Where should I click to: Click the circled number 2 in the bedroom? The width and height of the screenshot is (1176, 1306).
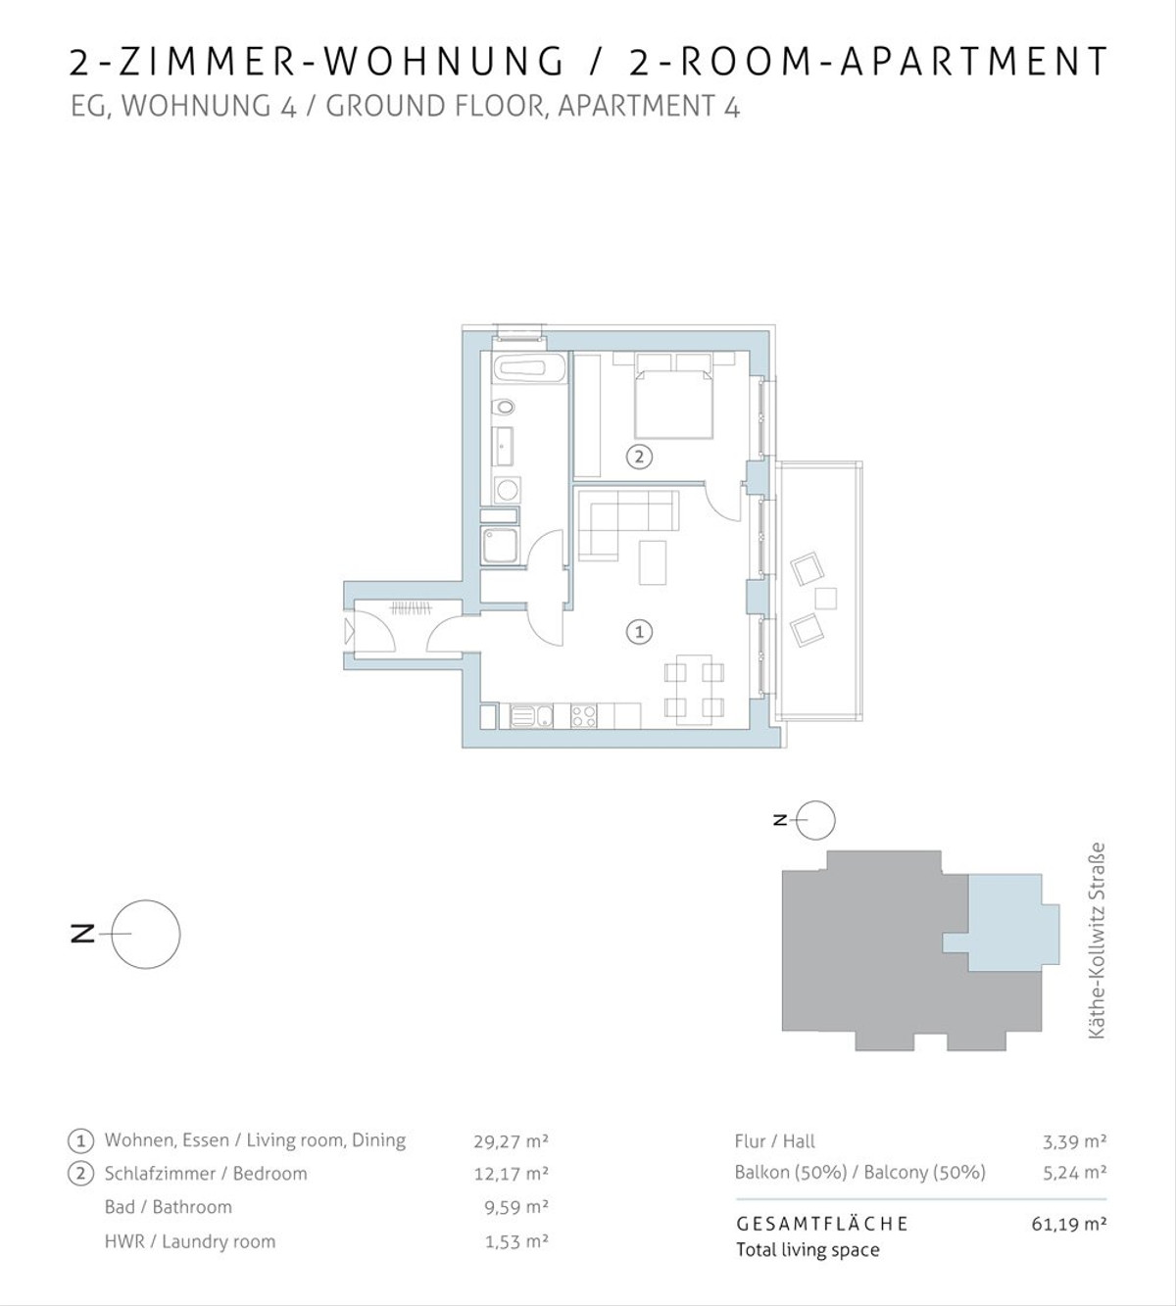tap(639, 457)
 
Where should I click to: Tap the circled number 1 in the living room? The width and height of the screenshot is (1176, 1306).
tap(639, 632)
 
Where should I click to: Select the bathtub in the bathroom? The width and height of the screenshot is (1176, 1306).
tap(528, 369)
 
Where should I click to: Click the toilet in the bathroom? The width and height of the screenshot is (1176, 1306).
tap(504, 408)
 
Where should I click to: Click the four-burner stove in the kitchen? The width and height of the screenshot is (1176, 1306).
tap(583, 716)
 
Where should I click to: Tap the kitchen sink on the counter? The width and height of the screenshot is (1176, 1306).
tap(531, 716)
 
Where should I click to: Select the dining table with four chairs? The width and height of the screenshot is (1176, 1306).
tap(695, 690)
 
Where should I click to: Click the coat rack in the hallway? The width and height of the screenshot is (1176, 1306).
tap(411, 608)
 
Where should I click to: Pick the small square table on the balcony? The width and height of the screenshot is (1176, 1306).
tap(825, 598)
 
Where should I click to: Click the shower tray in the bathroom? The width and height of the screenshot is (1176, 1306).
tap(500, 547)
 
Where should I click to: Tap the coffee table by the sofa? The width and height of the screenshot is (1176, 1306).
tap(652, 562)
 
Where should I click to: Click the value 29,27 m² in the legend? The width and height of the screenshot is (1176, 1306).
tap(511, 1140)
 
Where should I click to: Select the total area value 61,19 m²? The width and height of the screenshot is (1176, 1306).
tap(1068, 1224)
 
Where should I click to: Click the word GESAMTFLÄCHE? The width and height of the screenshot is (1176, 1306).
tap(821, 1224)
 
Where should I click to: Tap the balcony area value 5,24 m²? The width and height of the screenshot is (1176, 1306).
tap(1074, 1173)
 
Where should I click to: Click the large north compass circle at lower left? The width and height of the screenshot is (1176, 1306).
tap(145, 935)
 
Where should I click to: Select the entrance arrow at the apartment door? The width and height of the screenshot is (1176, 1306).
tap(349, 631)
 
